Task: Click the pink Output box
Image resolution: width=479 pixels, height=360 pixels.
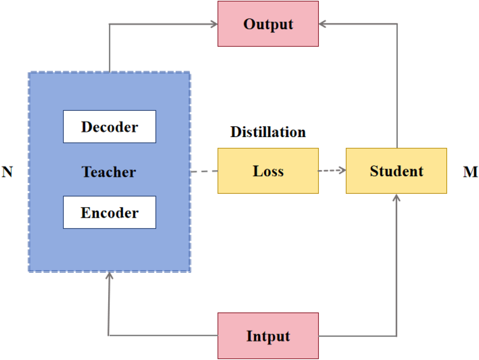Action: pyautogui.click(x=268, y=24)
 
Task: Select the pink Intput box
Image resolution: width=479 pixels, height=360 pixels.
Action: pyautogui.click(x=268, y=336)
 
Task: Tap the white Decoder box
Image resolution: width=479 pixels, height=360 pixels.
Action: pyautogui.click(x=110, y=127)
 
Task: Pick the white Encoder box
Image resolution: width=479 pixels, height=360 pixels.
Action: pyautogui.click(x=110, y=212)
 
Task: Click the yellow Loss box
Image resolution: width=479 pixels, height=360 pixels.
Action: pyautogui.click(x=268, y=171)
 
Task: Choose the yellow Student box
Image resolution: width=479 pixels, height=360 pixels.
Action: pyautogui.click(x=396, y=171)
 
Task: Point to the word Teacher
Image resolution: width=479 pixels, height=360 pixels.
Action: pyautogui.click(x=109, y=172)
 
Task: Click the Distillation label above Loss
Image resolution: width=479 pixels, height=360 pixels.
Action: pyautogui.click(x=268, y=132)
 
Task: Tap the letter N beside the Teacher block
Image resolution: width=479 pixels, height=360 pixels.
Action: pyautogui.click(x=7, y=172)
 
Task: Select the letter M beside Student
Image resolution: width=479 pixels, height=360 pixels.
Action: pyautogui.click(x=470, y=172)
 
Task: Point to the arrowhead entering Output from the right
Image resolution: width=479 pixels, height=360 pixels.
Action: pyautogui.click(x=322, y=24)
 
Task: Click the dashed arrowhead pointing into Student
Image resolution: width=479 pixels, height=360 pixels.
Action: pyautogui.click(x=342, y=170)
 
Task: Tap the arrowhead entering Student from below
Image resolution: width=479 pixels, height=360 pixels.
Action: pyautogui.click(x=397, y=197)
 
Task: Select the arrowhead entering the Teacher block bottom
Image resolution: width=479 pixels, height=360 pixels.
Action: pyautogui.click(x=110, y=276)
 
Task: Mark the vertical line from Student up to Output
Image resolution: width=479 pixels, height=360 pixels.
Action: pyautogui.click(x=397, y=87)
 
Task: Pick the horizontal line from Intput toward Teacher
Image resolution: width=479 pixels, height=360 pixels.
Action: pyautogui.click(x=161, y=336)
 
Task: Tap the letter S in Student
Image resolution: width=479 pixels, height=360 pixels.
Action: pyautogui.click(x=374, y=171)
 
